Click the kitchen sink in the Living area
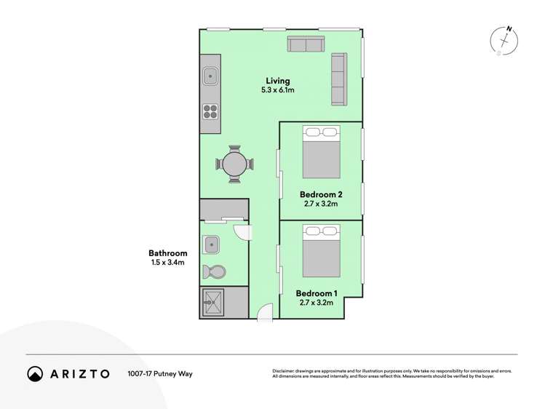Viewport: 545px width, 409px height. tap(210, 74)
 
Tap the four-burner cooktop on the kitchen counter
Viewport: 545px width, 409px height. tap(210, 111)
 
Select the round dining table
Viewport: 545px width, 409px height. tap(235, 164)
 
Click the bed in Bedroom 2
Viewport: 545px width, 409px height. tap(322, 153)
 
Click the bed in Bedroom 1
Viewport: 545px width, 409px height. tap(322, 251)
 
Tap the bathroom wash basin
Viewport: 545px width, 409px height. tap(212, 243)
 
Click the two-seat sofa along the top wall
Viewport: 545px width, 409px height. tap(306, 44)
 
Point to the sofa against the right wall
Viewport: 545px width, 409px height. tap(339, 79)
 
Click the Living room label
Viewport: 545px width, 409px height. tap(277, 81)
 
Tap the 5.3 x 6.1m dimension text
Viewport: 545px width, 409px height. tap(277, 90)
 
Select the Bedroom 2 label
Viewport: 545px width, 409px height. tap(321, 194)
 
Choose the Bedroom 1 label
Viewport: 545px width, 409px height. tap(316, 293)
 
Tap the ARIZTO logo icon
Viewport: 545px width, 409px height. tap(35, 373)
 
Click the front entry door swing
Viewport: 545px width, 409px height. tap(265, 311)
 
